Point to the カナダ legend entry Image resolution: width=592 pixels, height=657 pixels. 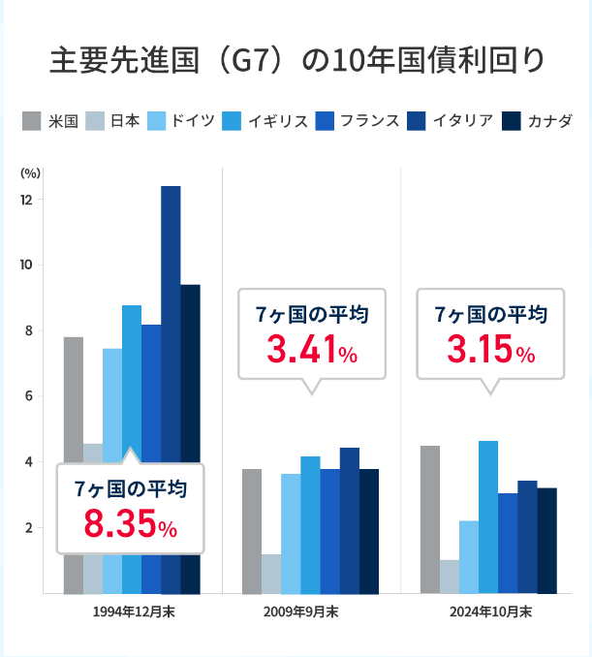[548, 121]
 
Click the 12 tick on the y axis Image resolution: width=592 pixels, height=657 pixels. [25, 200]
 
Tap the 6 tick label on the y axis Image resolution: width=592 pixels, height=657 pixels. [25, 395]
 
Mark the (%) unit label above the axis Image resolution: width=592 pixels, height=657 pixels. [29, 173]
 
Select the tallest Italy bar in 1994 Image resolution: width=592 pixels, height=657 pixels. [171, 291]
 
